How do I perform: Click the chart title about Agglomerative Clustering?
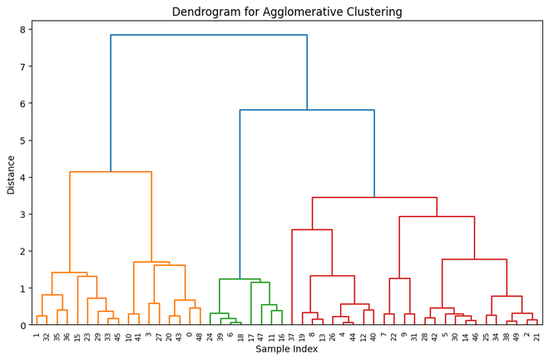click(287, 12)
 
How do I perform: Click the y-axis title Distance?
click(11, 173)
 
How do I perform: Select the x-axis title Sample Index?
click(287, 349)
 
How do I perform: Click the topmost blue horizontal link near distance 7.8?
click(209, 35)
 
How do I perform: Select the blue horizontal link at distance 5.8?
click(307, 110)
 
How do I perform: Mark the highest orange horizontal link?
click(111, 172)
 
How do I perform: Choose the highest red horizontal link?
click(374, 198)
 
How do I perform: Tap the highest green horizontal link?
click(240, 279)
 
